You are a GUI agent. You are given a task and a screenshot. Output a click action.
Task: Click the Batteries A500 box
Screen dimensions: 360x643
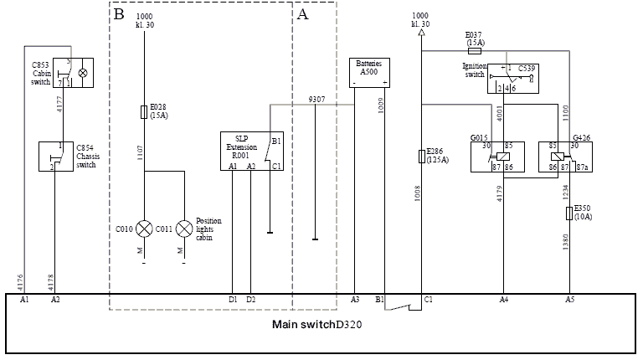(x=368, y=72)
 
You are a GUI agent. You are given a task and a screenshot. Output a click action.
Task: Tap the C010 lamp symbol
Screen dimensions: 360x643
(x=144, y=227)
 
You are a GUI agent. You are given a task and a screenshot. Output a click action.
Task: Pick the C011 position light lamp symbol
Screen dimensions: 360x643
(x=183, y=227)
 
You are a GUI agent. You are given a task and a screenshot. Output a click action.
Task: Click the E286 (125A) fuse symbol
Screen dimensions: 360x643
(x=421, y=156)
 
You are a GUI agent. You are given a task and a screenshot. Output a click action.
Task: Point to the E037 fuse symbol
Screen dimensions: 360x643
(x=475, y=50)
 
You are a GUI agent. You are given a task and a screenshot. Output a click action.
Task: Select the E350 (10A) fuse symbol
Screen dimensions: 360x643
(x=569, y=214)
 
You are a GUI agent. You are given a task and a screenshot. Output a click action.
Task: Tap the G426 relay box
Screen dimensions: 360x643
(x=565, y=157)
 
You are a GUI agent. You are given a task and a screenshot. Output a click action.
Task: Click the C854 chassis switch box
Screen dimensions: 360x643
(x=57, y=157)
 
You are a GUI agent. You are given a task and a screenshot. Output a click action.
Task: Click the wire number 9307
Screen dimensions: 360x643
(x=316, y=99)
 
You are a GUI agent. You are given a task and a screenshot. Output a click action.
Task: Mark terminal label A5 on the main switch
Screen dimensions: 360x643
(x=570, y=299)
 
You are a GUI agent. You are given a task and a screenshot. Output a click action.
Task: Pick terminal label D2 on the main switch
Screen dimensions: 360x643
(x=251, y=299)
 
